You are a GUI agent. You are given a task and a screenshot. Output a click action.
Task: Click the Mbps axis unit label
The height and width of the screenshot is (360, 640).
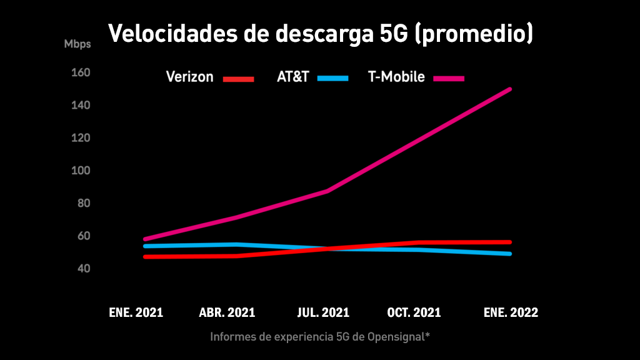pyautogui.click(x=77, y=44)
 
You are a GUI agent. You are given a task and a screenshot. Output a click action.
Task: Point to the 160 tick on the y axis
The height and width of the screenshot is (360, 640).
pyautogui.click(x=81, y=73)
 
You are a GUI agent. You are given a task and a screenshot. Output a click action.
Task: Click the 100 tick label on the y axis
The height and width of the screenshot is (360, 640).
pyautogui.click(x=81, y=171)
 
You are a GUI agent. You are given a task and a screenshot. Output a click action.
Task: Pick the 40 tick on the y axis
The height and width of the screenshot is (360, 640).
pyautogui.click(x=84, y=269)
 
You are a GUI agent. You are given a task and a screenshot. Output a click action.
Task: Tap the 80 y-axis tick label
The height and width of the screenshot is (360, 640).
pyautogui.click(x=84, y=204)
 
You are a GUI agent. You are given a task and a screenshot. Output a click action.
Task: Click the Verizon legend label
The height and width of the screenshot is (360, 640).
pyautogui.click(x=189, y=77)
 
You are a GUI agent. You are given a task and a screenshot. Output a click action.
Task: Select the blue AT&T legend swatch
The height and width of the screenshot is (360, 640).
pyautogui.click(x=332, y=78)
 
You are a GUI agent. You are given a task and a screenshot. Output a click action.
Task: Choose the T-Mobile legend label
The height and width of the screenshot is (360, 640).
pyautogui.click(x=396, y=77)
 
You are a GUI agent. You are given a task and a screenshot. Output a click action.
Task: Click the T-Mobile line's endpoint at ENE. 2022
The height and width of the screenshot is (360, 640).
pyautogui.click(x=510, y=89)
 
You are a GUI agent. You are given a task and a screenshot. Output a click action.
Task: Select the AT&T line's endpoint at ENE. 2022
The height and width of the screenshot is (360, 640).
pyautogui.click(x=510, y=254)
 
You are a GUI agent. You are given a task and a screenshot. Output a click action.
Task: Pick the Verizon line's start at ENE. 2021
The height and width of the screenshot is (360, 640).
pyautogui.click(x=145, y=256)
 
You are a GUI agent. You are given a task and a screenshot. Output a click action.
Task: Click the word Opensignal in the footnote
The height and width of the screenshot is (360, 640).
pyautogui.click(x=394, y=337)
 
